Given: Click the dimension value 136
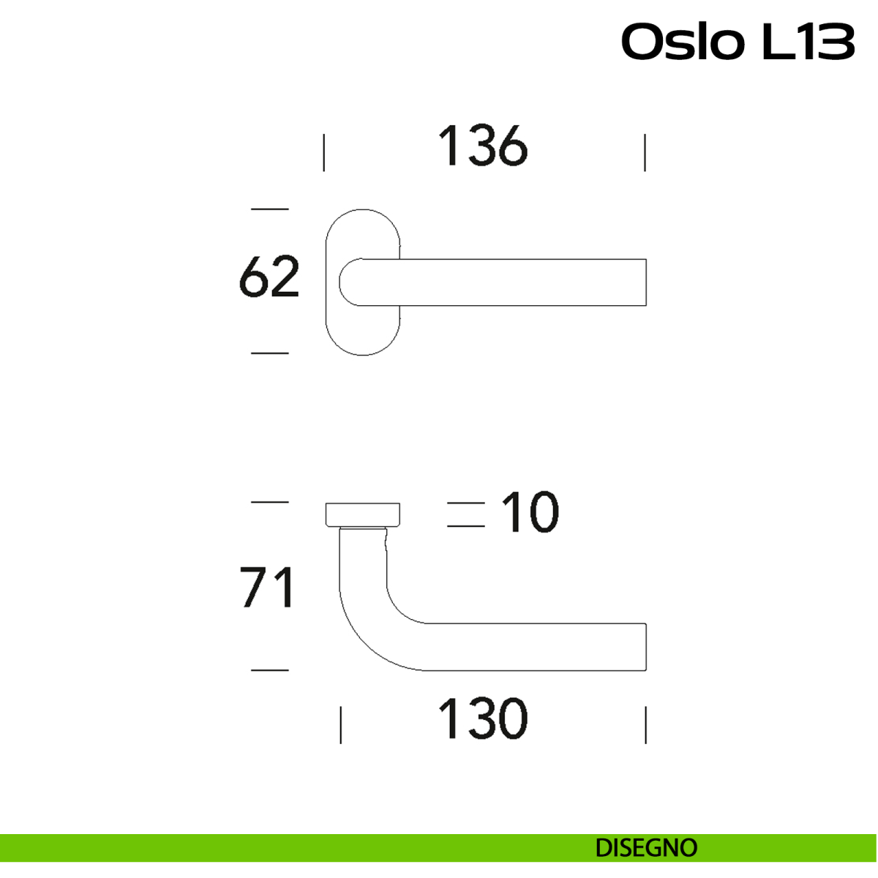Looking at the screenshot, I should pyautogui.click(x=482, y=146).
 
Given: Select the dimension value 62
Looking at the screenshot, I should pyautogui.click(x=269, y=277).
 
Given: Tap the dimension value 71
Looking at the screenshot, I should pyautogui.click(x=268, y=588).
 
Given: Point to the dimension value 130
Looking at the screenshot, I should pyautogui.click(x=482, y=719).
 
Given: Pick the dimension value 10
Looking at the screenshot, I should pyautogui.click(x=530, y=512).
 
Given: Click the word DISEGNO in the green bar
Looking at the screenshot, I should pyautogui.click(x=646, y=848).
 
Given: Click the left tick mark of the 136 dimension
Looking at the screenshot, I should pyautogui.click(x=324, y=152).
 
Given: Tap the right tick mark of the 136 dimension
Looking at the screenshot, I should pyautogui.click(x=645, y=152).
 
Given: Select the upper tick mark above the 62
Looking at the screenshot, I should pyautogui.click(x=269, y=209).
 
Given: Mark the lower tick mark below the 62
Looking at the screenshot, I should pyautogui.click(x=269, y=353).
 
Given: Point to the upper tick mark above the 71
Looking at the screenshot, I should pyautogui.click(x=269, y=502).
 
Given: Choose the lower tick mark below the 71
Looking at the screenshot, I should pyautogui.click(x=269, y=669).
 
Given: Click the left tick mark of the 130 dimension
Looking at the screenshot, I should pyautogui.click(x=341, y=724).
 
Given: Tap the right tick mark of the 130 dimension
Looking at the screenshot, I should pyautogui.click(x=645, y=724).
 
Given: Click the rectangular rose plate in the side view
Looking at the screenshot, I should pyautogui.click(x=363, y=514).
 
